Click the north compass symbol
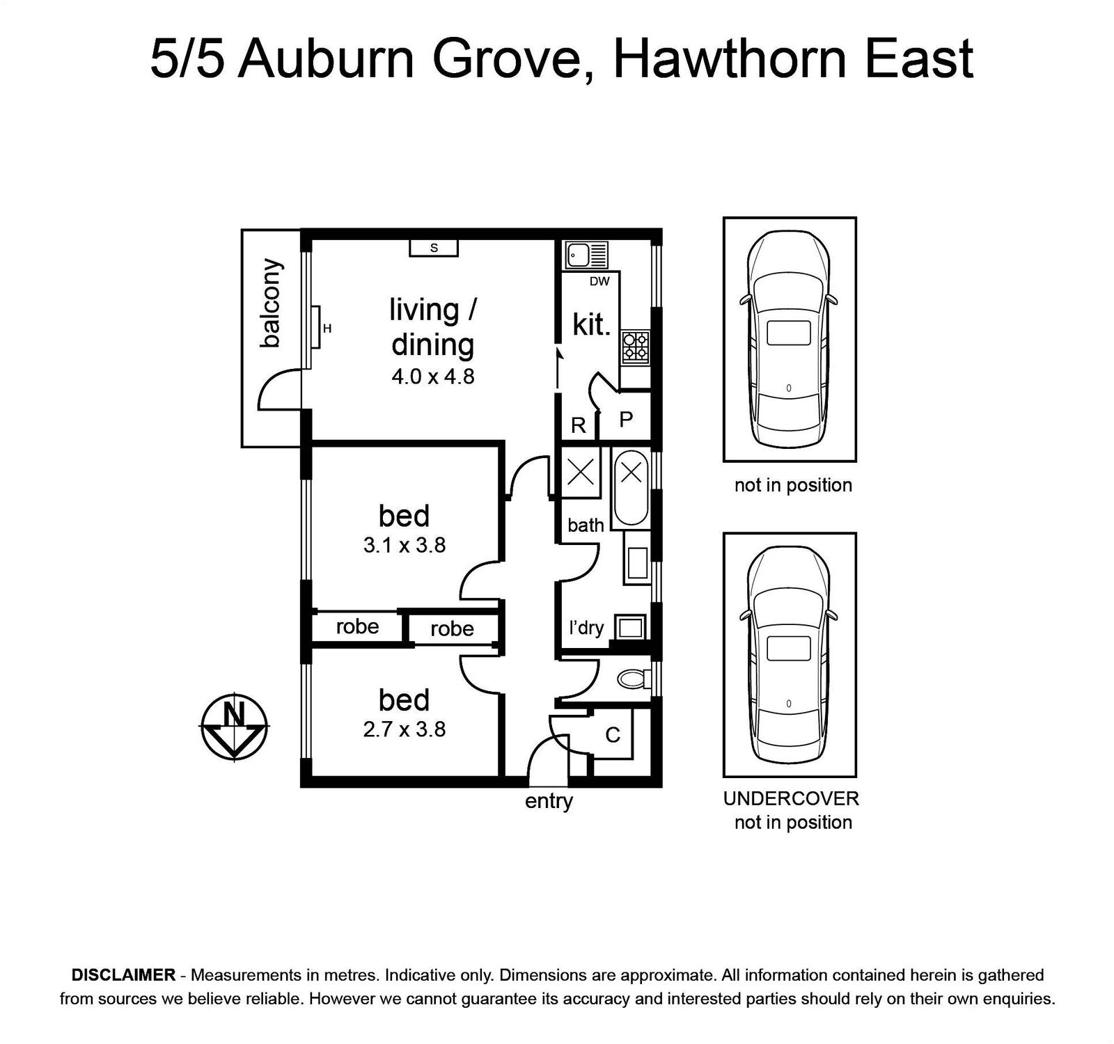(235, 727)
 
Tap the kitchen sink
(586, 255)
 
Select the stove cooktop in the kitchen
(635, 347)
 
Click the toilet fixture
(634, 678)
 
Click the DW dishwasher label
(599, 281)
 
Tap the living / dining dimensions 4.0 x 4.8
(433, 377)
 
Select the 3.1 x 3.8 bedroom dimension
(405, 545)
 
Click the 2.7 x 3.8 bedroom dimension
(405, 729)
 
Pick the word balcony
(270, 303)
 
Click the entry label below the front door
(549, 801)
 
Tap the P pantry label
(626, 419)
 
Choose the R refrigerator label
(578, 425)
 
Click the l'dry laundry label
(586, 628)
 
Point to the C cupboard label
(613, 735)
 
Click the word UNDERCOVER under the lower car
(791, 798)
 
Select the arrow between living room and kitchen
(558, 368)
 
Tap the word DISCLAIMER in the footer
(123, 975)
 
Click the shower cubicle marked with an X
(581, 473)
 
